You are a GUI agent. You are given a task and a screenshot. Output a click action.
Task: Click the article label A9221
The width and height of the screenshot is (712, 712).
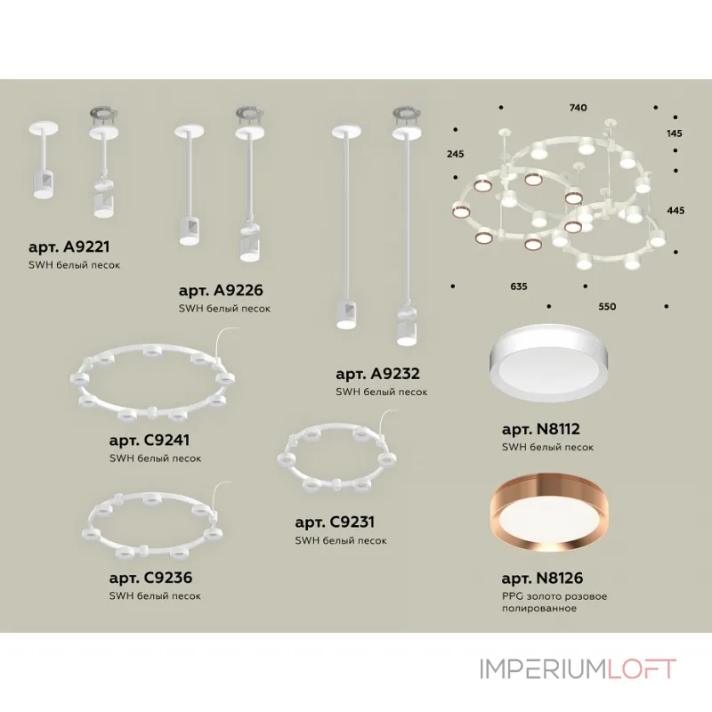coord(69,247)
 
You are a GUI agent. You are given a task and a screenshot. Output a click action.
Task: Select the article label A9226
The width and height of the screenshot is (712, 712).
coord(221,290)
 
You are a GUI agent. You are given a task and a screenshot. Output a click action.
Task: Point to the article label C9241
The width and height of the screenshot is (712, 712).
coord(150,440)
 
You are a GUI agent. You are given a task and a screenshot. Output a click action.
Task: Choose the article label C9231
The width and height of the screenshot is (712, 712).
coord(335,522)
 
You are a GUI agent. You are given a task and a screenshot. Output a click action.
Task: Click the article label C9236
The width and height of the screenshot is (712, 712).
coord(150,577)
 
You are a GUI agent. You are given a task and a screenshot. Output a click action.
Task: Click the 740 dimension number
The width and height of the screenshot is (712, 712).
coord(578,108)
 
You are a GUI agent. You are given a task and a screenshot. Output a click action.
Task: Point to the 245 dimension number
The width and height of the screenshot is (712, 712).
coord(456,154)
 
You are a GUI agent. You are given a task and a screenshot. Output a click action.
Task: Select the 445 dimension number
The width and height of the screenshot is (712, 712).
coord(675,210)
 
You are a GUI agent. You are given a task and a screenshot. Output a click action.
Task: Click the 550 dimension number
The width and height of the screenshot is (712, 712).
coord(606,306)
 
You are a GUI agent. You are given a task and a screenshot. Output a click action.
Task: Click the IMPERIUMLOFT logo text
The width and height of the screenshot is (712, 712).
coord(578,668)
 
